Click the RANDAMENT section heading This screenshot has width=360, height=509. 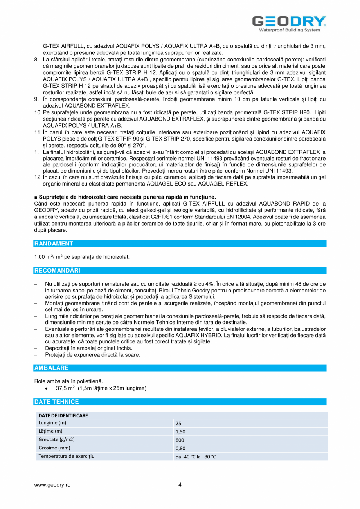click(54, 244)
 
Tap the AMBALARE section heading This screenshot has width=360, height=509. click(52, 368)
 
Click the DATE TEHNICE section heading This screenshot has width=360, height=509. click(56, 402)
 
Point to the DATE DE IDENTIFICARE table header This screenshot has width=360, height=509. click(63, 415)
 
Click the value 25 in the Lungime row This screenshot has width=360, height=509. click(178, 423)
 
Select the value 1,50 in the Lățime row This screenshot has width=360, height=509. click(180, 431)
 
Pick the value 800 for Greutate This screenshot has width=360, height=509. click(180, 440)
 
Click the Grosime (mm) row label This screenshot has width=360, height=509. click(54, 448)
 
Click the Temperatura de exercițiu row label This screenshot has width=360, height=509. click(67, 456)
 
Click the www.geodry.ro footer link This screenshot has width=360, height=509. click(52, 484)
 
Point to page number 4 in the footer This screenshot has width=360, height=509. click(180, 484)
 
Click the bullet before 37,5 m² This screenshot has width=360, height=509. click(47, 388)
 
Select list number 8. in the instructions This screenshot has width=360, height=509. click(37, 59)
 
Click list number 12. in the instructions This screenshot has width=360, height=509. click(38, 177)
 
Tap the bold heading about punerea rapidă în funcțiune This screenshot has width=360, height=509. click(125, 197)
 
